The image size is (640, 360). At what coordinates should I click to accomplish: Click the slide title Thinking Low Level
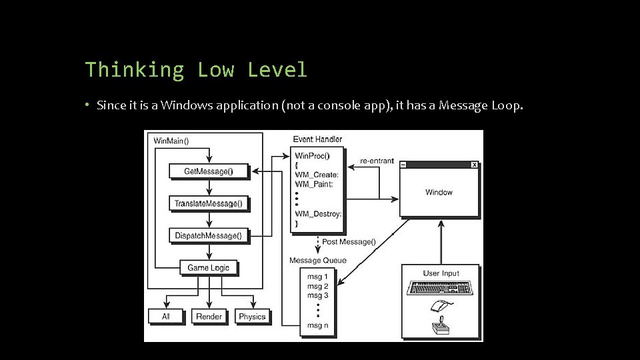196,69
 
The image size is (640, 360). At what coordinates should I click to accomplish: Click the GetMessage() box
209,171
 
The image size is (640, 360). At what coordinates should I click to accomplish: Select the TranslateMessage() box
209,203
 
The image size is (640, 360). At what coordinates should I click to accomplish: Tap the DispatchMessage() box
209,235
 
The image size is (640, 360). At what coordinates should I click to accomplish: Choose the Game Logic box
209,267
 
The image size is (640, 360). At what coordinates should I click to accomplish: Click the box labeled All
165,316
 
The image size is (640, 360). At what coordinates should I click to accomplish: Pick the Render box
209,316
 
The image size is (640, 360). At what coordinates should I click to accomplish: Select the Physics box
252,316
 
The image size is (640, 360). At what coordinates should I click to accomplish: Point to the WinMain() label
171,141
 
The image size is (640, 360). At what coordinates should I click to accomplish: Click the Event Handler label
317,139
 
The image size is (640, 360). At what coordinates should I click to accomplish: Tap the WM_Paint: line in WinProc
317,185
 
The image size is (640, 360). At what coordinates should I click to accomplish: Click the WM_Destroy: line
319,214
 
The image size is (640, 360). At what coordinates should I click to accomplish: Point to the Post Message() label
349,242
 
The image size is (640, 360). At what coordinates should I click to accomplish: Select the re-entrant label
377,161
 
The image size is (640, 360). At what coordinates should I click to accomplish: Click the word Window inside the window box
439,192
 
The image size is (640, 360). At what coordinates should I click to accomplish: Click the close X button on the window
474,165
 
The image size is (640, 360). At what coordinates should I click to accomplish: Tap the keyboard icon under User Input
441,287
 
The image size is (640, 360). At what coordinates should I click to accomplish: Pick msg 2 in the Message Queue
317,285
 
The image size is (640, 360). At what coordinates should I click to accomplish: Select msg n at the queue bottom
317,325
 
